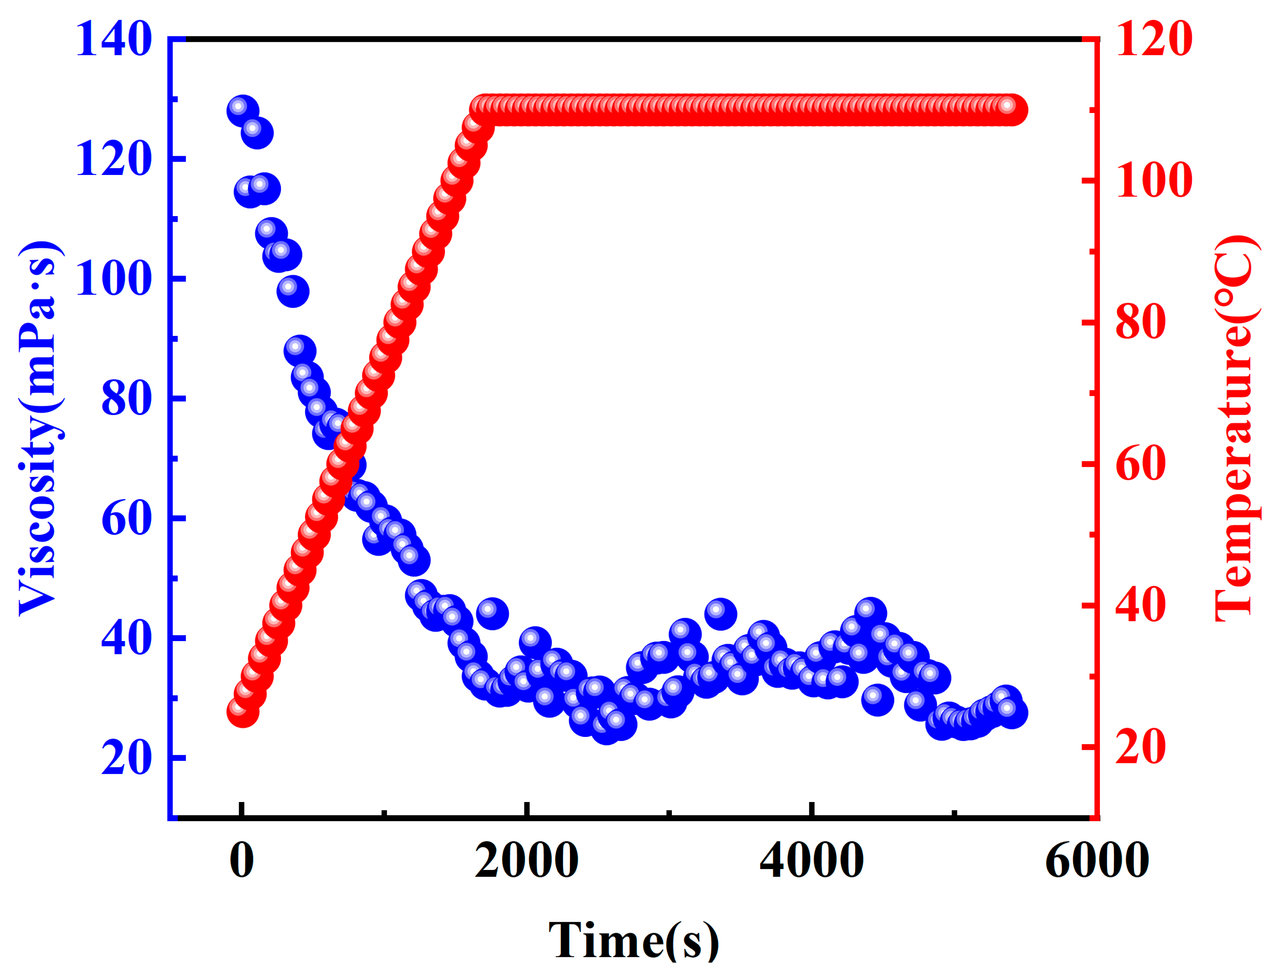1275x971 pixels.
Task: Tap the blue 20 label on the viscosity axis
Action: (126, 758)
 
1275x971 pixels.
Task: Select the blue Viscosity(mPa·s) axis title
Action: (39, 428)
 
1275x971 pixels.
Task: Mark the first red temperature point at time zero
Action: (242, 712)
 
